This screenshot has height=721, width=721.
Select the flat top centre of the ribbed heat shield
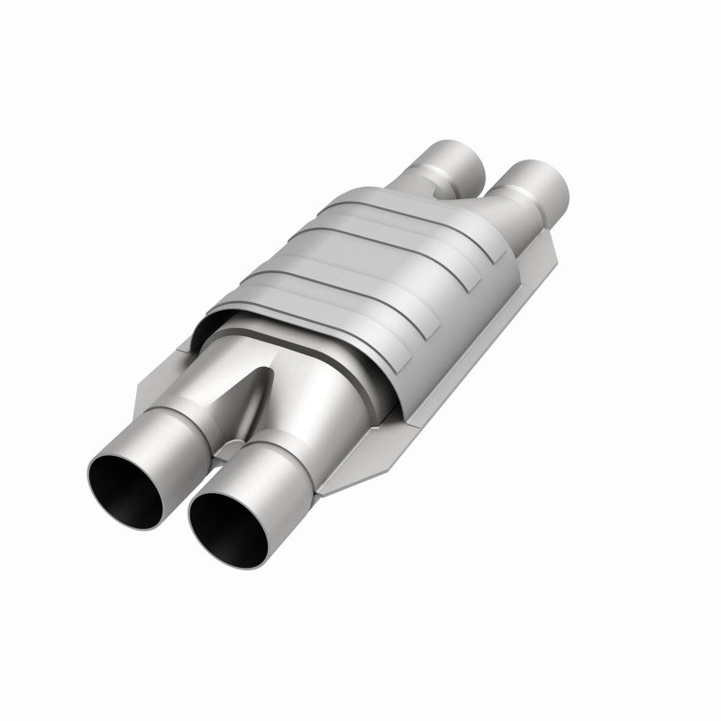[x=379, y=252]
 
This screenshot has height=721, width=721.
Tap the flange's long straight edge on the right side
[x=469, y=360]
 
